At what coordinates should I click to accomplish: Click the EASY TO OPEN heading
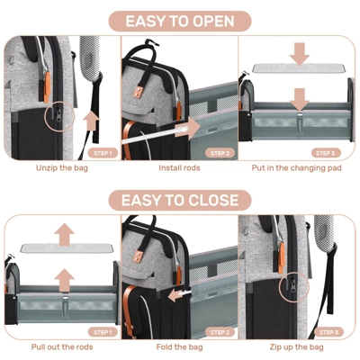(x=179, y=21)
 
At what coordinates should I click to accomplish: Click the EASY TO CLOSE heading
(x=179, y=200)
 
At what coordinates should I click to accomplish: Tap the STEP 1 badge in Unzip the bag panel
(x=103, y=153)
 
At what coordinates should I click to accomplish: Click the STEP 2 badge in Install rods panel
(x=220, y=153)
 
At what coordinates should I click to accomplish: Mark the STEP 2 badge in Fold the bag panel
(x=220, y=332)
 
